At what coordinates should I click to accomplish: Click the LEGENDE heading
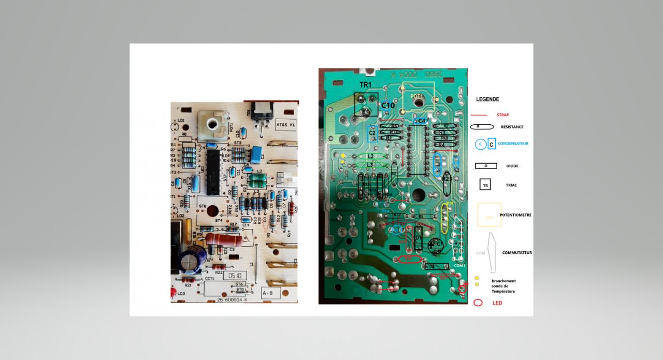tap(487, 99)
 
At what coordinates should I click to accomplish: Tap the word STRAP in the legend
tap(502, 115)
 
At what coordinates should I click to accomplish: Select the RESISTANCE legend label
tap(512, 127)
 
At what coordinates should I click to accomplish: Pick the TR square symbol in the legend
tap(485, 185)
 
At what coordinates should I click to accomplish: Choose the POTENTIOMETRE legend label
tap(515, 214)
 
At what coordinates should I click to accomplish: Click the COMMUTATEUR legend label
tap(517, 253)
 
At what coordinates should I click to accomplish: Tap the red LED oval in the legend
tap(478, 303)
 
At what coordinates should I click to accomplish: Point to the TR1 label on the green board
tap(366, 84)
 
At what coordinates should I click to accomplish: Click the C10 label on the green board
tap(388, 106)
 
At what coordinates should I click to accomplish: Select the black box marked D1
tap(419, 238)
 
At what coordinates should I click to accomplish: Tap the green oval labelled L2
tap(370, 156)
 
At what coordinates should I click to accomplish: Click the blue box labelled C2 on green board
tap(372, 133)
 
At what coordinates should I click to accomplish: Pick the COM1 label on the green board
tap(459, 266)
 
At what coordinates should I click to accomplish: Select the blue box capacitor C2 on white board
tap(255, 154)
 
